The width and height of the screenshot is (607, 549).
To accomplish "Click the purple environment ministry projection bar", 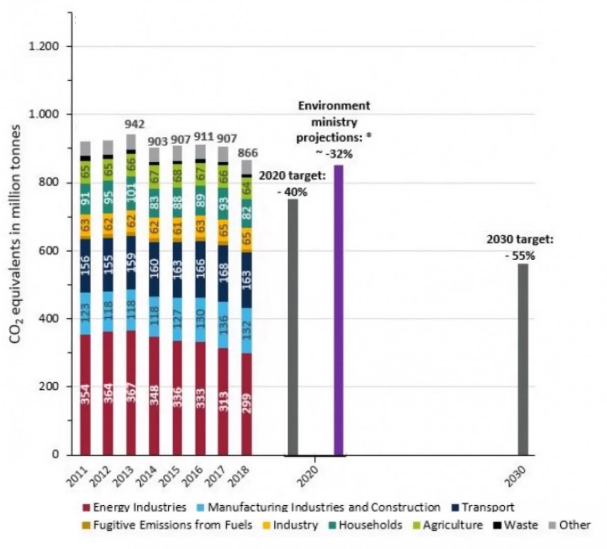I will (x=338, y=310).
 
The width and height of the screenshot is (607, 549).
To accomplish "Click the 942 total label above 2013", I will (x=135, y=125).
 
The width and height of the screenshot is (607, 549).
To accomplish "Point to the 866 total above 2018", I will (x=248, y=153).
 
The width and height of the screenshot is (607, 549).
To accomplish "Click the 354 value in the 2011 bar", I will (x=85, y=394).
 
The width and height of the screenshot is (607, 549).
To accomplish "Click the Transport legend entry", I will (x=482, y=507).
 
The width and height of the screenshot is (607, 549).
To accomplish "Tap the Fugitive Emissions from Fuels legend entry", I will (x=167, y=525).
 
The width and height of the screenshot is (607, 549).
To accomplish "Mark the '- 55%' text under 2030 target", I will (x=520, y=256).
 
